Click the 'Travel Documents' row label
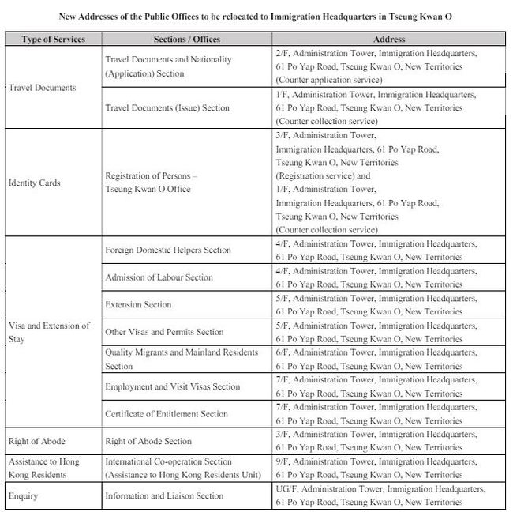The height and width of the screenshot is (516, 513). pos(43,88)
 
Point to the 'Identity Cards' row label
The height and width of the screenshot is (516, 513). pos(34,183)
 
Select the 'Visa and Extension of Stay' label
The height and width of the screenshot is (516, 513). pos(49,332)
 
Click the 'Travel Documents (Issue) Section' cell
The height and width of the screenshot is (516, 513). pos(168,108)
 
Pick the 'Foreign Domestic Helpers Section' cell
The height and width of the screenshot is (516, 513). pos(168,250)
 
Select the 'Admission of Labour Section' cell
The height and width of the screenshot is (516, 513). pos(159,277)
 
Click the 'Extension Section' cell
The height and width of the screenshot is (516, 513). pos(139,305)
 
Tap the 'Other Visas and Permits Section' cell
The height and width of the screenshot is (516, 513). pos(165,333)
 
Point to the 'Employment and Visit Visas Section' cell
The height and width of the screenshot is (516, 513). pos(173,387)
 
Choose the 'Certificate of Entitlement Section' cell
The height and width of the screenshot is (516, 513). pos(167,414)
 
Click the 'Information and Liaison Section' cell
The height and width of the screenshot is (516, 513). pos(164,496)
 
